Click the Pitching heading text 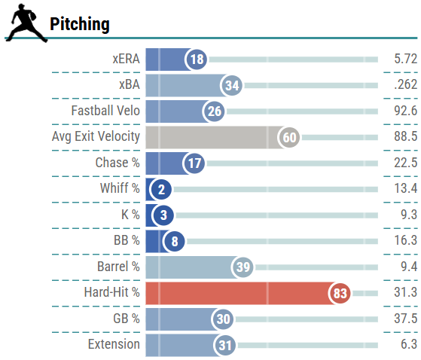[x=80, y=25]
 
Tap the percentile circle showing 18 [x=197, y=59]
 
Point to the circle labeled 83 [x=340, y=293]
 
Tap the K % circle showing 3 [x=163, y=215]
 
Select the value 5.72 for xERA [x=405, y=59]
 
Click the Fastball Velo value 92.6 [x=405, y=111]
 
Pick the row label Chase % [x=117, y=163]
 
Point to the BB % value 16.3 [x=405, y=241]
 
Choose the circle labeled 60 [x=289, y=137]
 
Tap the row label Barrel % [x=118, y=267]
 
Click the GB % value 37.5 [x=405, y=319]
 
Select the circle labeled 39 [x=243, y=267]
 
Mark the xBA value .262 [x=405, y=85]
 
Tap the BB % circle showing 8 [x=173, y=241]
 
